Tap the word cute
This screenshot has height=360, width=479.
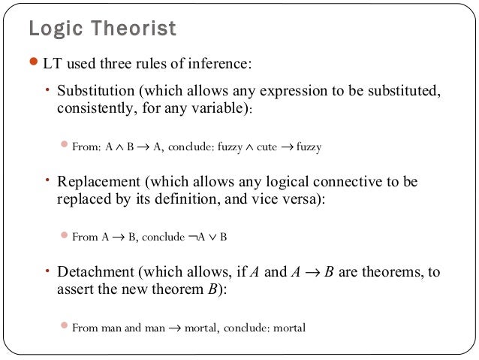267,147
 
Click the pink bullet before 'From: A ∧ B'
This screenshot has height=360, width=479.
65,147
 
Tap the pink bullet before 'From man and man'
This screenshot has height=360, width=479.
65,327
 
